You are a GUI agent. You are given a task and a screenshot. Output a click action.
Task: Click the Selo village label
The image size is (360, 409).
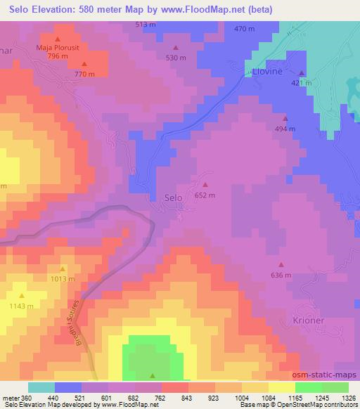pos(173,198)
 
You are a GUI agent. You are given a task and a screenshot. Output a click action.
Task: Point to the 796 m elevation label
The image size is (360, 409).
pos(58,56)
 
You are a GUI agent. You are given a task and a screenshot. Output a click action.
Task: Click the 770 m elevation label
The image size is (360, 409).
pos(84,74)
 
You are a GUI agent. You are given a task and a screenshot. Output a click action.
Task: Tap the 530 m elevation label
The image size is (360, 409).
pos(175,58)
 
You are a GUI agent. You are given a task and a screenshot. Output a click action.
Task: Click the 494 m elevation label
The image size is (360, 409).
pos(285,129)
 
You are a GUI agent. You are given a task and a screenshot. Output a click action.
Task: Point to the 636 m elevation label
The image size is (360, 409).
pos(281,275)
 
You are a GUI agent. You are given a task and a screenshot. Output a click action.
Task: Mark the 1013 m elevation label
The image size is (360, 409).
pos(63,279)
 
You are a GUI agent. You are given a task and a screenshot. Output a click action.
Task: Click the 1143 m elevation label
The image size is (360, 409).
pos(21,306)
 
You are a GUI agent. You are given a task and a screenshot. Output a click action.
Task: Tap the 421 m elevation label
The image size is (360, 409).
pos(302,83)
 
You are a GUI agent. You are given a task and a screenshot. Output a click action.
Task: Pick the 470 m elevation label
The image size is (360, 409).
pos(245,29)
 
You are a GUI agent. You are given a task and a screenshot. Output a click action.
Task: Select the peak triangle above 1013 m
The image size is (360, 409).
pos(63,268)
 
